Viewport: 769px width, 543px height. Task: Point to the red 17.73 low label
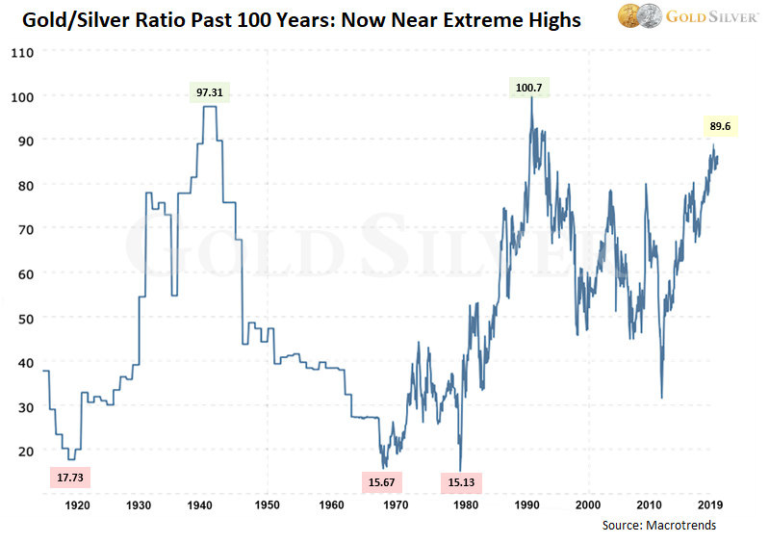[x=70, y=477]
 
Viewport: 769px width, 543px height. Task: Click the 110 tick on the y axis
[x=21, y=52]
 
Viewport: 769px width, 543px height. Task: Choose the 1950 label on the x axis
[x=267, y=504]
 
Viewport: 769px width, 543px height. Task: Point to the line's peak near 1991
[x=530, y=99]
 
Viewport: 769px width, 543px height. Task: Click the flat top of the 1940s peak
[x=210, y=107]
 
